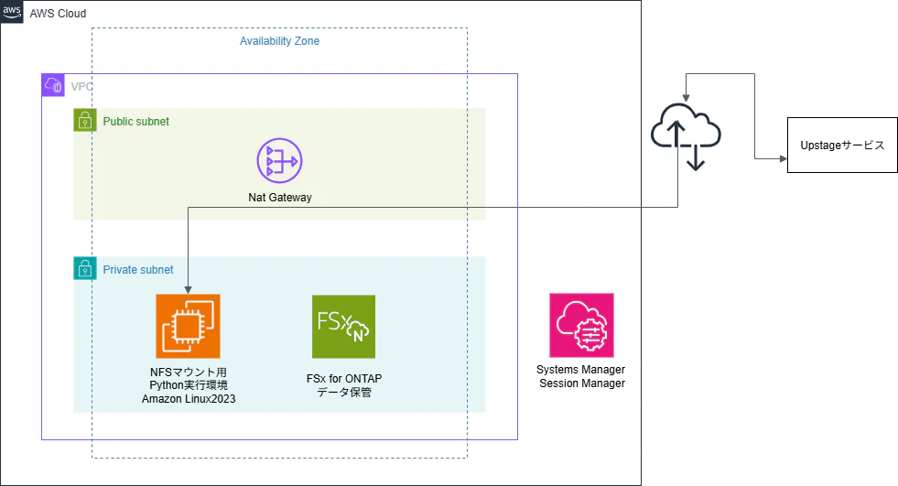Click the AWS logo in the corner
[12, 12]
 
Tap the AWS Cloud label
[58, 13]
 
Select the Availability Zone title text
[279, 41]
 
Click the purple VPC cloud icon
[53, 85]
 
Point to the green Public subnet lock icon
[85, 120]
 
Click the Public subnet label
[135, 122]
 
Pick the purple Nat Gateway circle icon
[279, 161]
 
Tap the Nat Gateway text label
[280, 198]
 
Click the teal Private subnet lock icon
[85, 268]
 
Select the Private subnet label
[138, 270]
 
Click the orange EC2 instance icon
[188, 327]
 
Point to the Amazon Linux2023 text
[189, 399]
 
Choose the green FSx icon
[343, 327]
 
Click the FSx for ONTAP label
[344, 378]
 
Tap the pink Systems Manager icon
[581, 326]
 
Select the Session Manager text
[582, 383]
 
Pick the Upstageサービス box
[842, 145]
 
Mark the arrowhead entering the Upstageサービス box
[784, 158]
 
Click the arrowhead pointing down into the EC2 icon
[188, 290]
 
